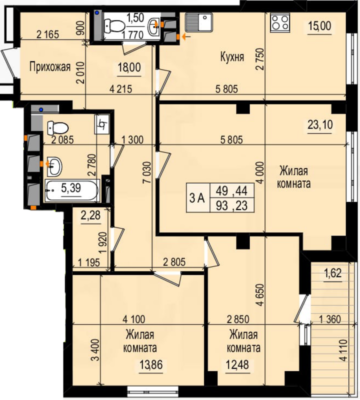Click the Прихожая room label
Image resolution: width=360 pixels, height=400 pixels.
pyautogui.click(x=50, y=67)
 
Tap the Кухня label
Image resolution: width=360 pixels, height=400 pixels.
pyautogui.click(x=232, y=57)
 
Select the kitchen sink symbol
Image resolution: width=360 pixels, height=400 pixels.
pyautogui.click(x=199, y=22)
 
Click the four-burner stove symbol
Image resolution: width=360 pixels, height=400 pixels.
pyautogui.click(x=280, y=23)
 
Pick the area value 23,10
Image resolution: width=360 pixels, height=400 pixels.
pyautogui.click(x=320, y=125)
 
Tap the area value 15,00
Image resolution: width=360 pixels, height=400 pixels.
pyautogui.click(x=319, y=26)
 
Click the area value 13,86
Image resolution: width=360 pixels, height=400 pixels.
pyautogui.click(x=151, y=365)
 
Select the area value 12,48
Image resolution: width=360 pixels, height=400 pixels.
pyautogui.click(x=237, y=365)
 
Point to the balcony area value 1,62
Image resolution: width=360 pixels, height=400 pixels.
pyautogui.click(x=332, y=273)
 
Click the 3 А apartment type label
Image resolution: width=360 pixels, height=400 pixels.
pyautogui.click(x=197, y=198)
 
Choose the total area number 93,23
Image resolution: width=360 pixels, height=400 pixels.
pyautogui.click(x=231, y=205)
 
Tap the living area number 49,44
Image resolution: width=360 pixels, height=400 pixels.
pyautogui.click(x=231, y=191)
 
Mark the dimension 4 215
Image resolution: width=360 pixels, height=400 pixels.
pyautogui.click(x=120, y=89)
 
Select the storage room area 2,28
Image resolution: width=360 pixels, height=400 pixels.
pyautogui.click(x=90, y=216)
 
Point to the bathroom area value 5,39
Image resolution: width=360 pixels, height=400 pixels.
pyautogui.click(x=71, y=188)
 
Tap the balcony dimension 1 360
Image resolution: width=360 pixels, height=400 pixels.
pyautogui.click(x=330, y=319)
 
